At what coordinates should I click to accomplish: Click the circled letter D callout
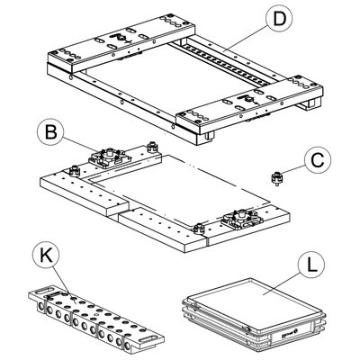point(279,18)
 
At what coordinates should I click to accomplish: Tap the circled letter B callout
point(51,132)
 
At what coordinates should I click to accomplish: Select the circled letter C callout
point(318,160)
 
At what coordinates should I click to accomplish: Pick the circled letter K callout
point(46,257)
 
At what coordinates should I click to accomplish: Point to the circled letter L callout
point(311,265)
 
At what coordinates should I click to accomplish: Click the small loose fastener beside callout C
point(276,178)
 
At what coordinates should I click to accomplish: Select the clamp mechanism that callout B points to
point(109,157)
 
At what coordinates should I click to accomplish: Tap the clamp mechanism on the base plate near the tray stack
point(241,219)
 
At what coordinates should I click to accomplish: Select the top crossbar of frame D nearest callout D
point(121,44)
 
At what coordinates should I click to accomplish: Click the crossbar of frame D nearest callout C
point(250,104)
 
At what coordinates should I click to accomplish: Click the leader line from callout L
point(282,283)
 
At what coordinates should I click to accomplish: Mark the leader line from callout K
point(62,284)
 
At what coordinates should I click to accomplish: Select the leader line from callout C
point(294,169)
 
